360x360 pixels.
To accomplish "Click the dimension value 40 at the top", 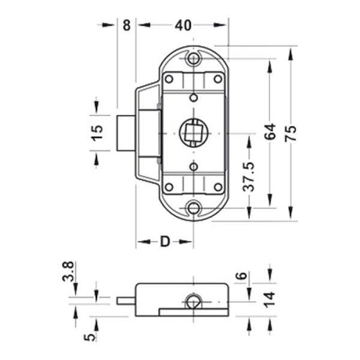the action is (183, 25).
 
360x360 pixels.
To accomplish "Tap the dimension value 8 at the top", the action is (127, 25).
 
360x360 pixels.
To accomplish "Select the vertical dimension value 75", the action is (291, 133).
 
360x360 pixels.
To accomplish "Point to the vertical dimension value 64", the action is (270, 132).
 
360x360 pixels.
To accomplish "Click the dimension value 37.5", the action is (248, 176).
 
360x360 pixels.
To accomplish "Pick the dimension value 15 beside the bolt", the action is (97, 132).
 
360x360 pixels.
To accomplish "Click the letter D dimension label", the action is (165, 241).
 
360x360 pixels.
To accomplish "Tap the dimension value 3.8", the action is (68, 271).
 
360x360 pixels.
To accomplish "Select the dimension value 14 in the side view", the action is (269, 300).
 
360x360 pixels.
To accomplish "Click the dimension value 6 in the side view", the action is (242, 275).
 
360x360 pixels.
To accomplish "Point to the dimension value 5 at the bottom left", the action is (90, 338).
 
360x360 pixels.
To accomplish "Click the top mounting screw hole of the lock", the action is (193, 58).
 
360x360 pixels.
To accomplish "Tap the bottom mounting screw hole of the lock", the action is (193, 208).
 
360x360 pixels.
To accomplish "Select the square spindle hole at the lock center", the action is (193, 133).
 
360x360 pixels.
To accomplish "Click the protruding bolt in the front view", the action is (126, 133).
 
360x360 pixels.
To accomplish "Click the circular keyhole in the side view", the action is (194, 301).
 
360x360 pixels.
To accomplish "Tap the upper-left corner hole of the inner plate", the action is (169, 79).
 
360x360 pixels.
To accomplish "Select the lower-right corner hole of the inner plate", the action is (218, 187).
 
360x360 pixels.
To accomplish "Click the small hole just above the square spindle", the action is (194, 98).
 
